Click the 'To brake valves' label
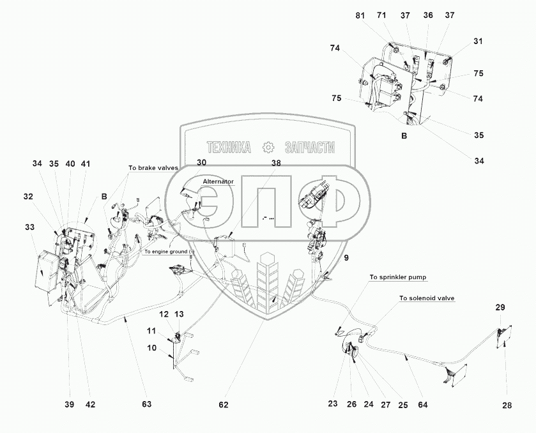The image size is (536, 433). coord(153,168)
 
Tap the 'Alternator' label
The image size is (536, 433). coord(218,181)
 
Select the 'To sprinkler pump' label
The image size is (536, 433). coord(398,277)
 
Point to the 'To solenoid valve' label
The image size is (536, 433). coord(427,298)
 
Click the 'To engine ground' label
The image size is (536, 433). coord(166,252)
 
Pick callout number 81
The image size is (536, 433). coord(360,16)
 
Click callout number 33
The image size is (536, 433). coord(30,227)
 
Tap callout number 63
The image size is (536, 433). coord(147,404)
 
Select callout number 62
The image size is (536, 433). coord(223,405)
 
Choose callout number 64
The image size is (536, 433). coord(423,405)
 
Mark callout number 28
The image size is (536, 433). coord(507,406)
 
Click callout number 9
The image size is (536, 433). coord(346,258)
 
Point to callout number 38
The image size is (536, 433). coord(276,163)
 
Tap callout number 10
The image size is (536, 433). coord(152,348)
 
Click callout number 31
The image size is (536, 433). coord(478,41)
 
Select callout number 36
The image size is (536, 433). coord(428,15)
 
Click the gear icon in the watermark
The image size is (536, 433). coord(268,148)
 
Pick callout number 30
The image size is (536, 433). coord(201,162)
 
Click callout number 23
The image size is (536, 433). coord(333,404)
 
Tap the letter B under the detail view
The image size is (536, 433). coord(404,136)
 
